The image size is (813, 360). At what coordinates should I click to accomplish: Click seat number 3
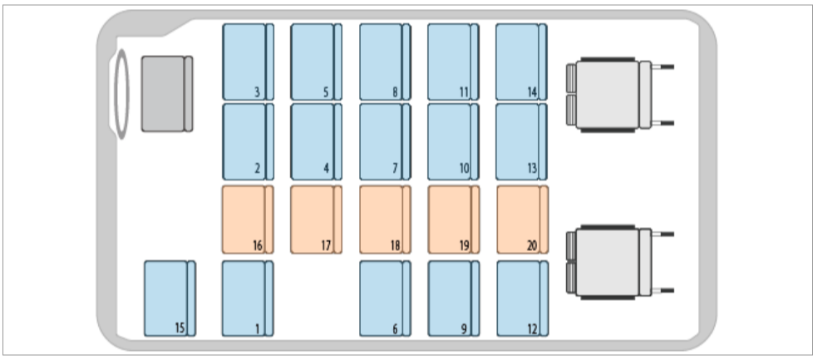pyautogui.click(x=248, y=62)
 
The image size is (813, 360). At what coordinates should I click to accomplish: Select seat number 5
pyautogui.click(x=316, y=62)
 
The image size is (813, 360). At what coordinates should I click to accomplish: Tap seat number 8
pyautogui.click(x=385, y=62)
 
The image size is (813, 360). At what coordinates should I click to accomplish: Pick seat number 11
pyautogui.click(x=453, y=62)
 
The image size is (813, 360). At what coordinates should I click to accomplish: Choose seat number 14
pyautogui.click(x=521, y=62)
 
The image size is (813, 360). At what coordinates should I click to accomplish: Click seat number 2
pyautogui.click(x=248, y=141)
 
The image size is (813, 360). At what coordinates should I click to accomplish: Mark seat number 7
pyautogui.click(x=385, y=141)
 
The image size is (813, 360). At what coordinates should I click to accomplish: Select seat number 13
pyautogui.click(x=521, y=141)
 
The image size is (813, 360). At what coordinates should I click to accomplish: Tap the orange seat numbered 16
pyautogui.click(x=248, y=219)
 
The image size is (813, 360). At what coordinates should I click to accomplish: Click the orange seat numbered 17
pyautogui.click(x=316, y=219)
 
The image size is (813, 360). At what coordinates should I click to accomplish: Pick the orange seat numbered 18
pyautogui.click(x=385, y=219)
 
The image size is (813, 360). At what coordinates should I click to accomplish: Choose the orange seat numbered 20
pyautogui.click(x=521, y=219)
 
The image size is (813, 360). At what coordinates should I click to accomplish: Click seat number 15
pyautogui.click(x=170, y=298)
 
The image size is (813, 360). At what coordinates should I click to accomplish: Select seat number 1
pyautogui.click(x=248, y=298)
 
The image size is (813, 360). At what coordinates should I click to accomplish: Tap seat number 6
pyautogui.click(x=385, y=298)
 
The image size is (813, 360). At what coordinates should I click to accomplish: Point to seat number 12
pyautogui.click(x=521, y=298)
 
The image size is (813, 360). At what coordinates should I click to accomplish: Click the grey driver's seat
pyautogui.click(x=166, y=93)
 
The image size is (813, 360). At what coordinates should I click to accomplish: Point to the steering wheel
pyautogui.click(x=121, y=93)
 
